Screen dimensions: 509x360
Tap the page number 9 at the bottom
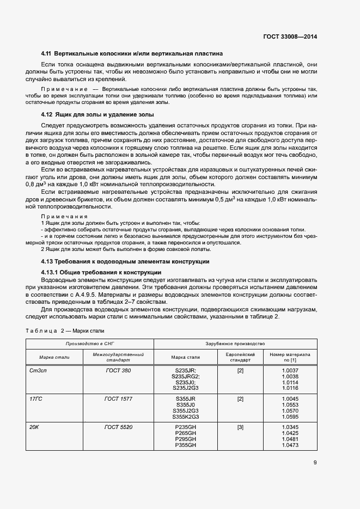point(315,463)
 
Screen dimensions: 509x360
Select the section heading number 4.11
point(47,54)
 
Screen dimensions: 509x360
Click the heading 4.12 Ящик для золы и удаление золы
point(97,114)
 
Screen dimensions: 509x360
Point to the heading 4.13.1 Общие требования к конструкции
point(101,272)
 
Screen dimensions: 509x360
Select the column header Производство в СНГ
point(90,344)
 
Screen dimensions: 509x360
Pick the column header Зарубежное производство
point(235,344)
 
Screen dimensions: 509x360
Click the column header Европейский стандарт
point(240,357)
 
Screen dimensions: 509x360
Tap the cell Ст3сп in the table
point(36,371)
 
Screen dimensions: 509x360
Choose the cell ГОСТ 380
point(118,371)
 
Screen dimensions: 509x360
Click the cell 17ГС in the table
point(35,399)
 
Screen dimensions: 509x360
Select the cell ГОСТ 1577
point(118,399)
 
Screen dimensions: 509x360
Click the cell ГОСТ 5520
point(118,427)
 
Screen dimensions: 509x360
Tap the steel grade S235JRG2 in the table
point(186,377)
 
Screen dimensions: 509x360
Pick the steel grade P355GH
point(185,445)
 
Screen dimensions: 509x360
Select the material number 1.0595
point(290,417)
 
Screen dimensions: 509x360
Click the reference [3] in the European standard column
point(240,427)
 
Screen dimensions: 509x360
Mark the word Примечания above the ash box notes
point(65,217)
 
